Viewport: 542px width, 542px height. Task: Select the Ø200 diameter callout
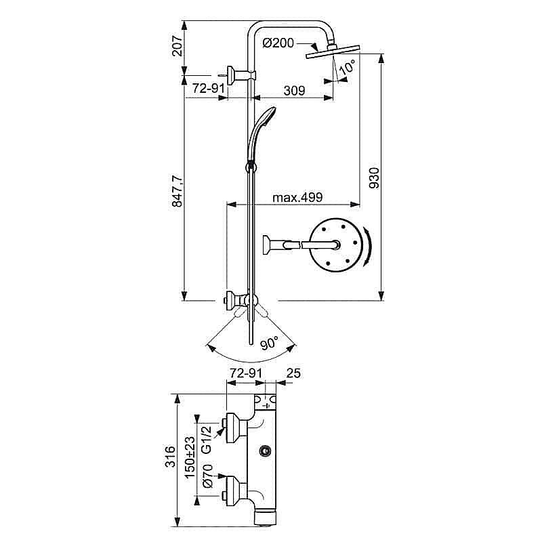click(278, 43)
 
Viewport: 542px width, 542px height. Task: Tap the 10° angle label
click(347, 67)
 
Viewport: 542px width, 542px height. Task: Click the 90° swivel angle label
click(269, 343)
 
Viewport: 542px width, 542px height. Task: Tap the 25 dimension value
click(293, 373)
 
